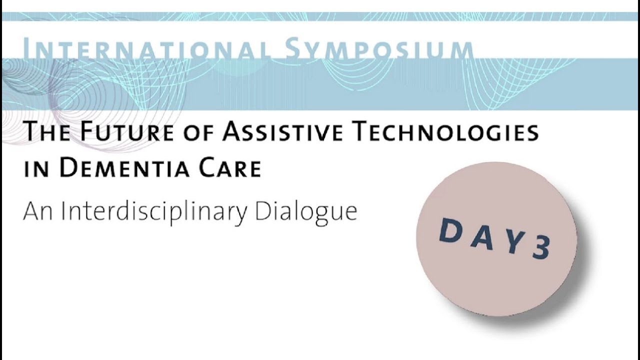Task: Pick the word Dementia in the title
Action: [x=125, y=168]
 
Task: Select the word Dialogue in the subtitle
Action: [x=306, y=211]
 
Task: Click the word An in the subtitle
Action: [x=38, y=211]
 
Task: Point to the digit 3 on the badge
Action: [x=541, y=247]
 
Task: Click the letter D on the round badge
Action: [x=450, y=230]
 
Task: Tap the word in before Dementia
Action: [x=37, y=169]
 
